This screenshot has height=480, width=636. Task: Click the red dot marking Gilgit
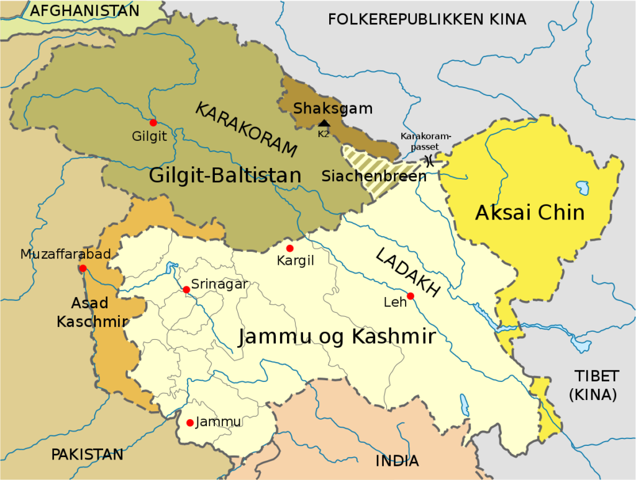pyautogui.click(x=153, y=122)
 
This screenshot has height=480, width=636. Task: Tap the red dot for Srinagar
pyautogui.click(x=186, y=290)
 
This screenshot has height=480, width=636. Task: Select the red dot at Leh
pyautogui.click(x=410, y=296)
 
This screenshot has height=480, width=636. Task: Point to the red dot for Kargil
pyautogui.click(x=289, y=248)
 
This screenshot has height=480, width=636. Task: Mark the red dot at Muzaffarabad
pyautogui.click(x=83, y=269)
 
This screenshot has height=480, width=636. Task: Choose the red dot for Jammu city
pyautogui.click(x=190, y=423)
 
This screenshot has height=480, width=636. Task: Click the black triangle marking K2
pyautogui.click(x=324, y=123)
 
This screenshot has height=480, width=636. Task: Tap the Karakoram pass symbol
pyautogui.click(x=429, y=160)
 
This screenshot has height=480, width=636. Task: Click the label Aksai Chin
pyautogui.click(x=530, y=213)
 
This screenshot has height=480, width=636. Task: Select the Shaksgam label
pyautogui.click(x=333, y=109)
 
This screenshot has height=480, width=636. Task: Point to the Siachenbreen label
pyautogui.click(x=374, y=176)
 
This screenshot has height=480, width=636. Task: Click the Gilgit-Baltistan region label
pyautogui.click(x=225, y=176)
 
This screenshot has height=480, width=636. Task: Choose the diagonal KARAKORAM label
pyautogui.click(x=247, y=129)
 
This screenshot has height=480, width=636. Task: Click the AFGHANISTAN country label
pyautogui.click(x=85, y=11)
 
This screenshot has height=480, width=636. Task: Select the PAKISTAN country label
pyautogui.click(x=87, y=455)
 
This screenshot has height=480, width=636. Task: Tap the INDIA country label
pyautogui.click(x=397, y=461)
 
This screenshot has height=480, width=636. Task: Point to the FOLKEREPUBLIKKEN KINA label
pyautogui.click(x=427, y=19)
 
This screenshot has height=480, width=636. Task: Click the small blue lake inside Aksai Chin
pyautogui.click(x=583, y=187)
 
